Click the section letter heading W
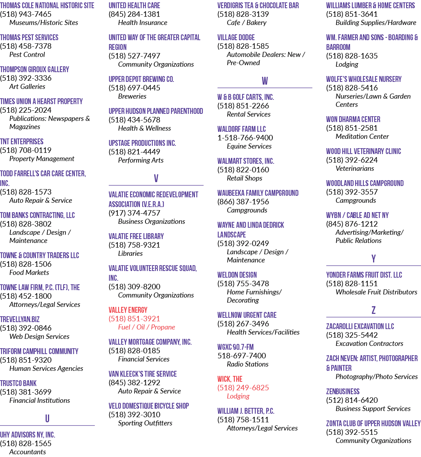point(265,81)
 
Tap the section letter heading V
point(156,178)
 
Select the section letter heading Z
point(373,310)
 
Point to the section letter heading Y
point(373,259)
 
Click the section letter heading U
point(47,418)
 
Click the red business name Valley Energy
point(128,310)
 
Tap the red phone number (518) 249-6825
point(243,388)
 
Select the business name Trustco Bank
point(18,383)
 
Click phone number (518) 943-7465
point(26,14)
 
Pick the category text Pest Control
point(27,55)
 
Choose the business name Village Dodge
point(236,37)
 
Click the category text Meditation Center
point(362,136)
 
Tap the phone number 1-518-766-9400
point(245,138)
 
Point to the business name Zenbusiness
point(343,391)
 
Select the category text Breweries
point(132,96)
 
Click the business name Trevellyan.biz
point(20,319)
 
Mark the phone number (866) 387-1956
point(243,202)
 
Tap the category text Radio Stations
point(248,364)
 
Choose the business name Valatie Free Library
point(136,236)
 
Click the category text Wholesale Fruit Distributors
point(377,292)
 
